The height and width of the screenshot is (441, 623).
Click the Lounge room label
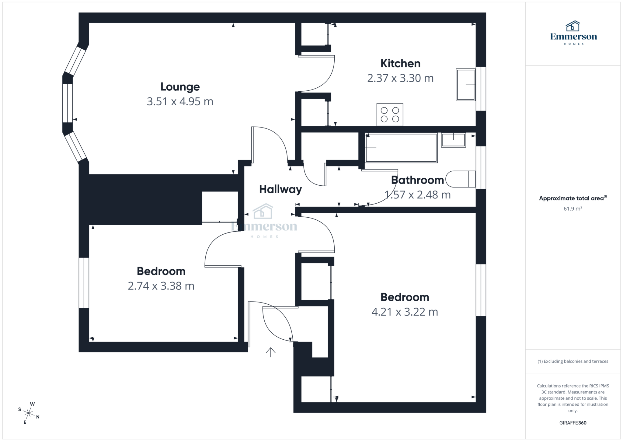coord(180,87)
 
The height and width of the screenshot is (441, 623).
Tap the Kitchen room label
coord(400,64)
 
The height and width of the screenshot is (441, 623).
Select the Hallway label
coord(280,189)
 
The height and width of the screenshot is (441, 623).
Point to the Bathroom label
coord(417,180)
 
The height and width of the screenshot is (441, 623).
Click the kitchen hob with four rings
coord(390,115)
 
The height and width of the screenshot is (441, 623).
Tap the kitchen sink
coord(465,85)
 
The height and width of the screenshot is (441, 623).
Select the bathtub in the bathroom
coord(401,148)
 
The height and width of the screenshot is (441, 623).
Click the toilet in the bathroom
coord(460,179)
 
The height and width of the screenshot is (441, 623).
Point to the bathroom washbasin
coord(453,140)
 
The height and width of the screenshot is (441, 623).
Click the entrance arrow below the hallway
coord(270,352)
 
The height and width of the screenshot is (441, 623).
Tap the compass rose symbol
coord(29,413)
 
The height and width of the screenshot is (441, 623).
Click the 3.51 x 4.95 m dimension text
coord(180,101)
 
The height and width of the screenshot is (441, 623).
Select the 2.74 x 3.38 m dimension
coord(161,286)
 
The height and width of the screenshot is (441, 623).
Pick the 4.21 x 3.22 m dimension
coord(405,312)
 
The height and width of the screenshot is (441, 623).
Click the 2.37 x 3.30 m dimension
coord(400,78)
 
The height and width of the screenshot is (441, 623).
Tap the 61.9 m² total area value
coord(573,209)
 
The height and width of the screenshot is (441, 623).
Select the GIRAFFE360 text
coord(573,423)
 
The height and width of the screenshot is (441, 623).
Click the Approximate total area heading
coord(571,198)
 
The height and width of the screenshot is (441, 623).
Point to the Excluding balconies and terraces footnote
coord(573,361)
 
